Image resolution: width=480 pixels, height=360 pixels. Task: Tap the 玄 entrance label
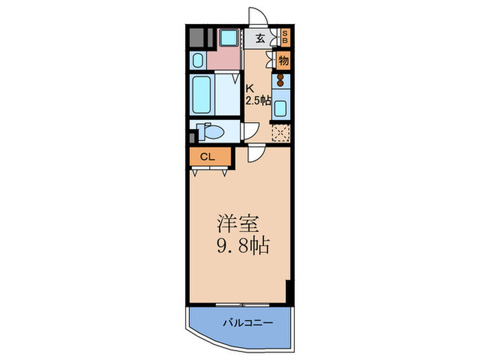[x=261, y=38]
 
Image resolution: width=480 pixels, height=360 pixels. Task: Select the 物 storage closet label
[x=283, y=60]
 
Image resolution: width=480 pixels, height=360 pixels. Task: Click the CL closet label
[x=207, y=157]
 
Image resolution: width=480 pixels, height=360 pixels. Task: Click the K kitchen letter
[x=250, y=87]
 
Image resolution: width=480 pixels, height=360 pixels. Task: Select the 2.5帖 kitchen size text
[x=259, y=100]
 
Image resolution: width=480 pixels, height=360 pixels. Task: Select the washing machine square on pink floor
[x=228, y=38]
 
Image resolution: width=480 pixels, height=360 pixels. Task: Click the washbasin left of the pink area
[x=197, y=60]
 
